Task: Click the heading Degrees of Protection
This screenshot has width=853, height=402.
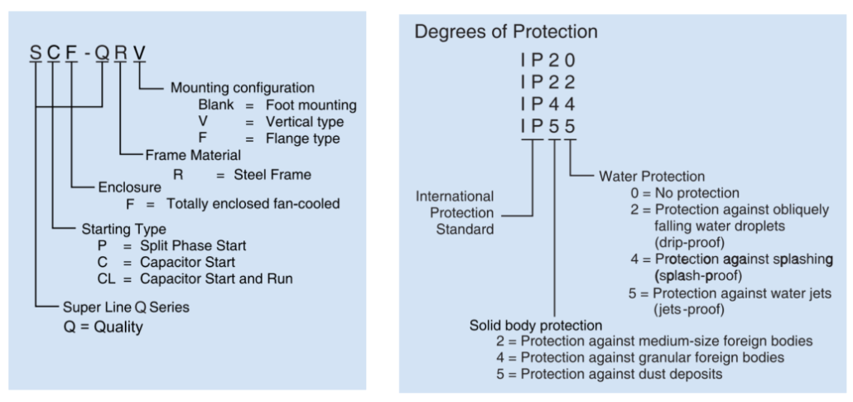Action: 506,31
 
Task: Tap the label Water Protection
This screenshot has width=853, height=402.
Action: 651,176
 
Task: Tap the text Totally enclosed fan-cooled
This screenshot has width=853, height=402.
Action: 253,203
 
